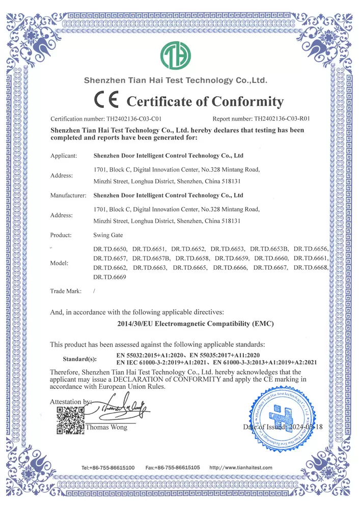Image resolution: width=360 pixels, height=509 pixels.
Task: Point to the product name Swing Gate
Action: click(108, 235)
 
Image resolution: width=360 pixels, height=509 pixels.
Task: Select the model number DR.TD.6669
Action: click(109, 277)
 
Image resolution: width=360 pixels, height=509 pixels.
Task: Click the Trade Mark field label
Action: click(66, 291)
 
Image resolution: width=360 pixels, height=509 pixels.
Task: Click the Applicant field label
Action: click(64, 155)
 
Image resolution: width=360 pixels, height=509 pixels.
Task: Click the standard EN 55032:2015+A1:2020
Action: click(152, 354)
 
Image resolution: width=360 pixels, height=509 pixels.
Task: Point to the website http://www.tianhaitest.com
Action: click(241, 467)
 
